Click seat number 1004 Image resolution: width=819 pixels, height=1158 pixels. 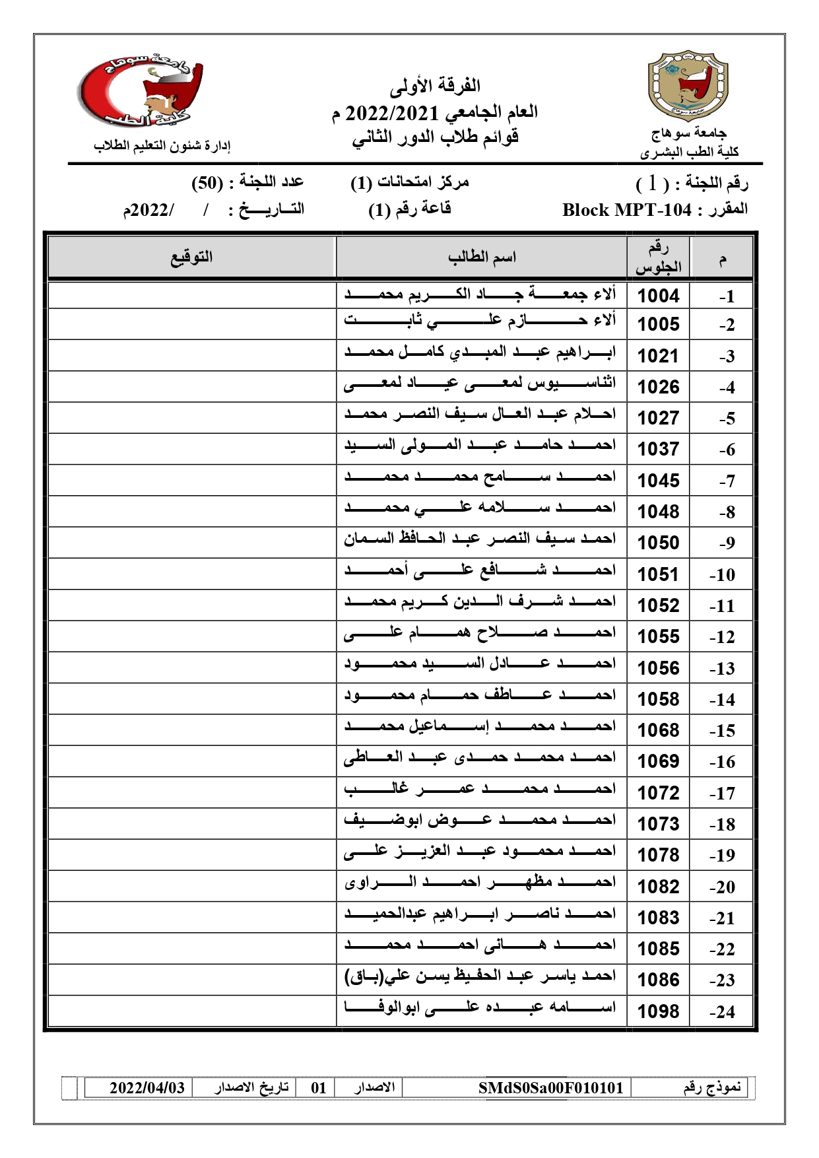point(658,296)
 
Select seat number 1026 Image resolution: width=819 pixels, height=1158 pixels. point(658,387)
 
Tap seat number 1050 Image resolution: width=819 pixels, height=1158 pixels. point(658,543)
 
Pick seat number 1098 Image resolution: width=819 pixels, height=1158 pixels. point(658,1011)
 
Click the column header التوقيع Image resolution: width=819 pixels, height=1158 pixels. point(191,257)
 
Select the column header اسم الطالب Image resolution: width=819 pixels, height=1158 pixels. point(482,257)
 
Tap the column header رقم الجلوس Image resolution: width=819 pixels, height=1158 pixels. point(658,257)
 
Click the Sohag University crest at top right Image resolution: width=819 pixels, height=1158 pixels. point(688,85)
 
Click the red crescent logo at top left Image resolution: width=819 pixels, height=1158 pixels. point(141,91)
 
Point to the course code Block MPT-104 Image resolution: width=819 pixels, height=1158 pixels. point(626,210)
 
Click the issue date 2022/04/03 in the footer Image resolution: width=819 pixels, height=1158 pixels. point(147,1087)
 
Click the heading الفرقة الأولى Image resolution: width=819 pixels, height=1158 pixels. point(435,85)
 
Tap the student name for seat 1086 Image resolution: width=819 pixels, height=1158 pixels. point(480,976)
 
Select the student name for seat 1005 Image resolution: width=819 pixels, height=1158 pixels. point(480,322)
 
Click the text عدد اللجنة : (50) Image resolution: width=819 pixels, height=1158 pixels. point(247,182)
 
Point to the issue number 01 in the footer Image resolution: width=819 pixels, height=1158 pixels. point(319,1087)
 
